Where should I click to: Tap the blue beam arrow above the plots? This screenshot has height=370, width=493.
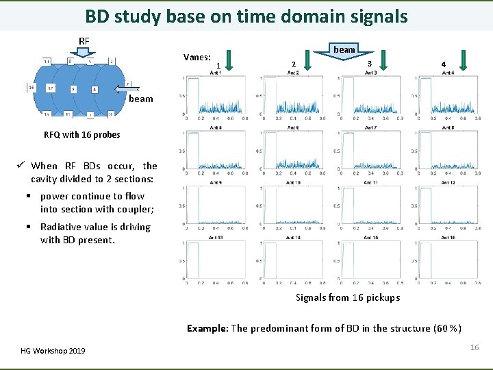344,55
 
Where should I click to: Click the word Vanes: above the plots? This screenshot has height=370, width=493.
197,57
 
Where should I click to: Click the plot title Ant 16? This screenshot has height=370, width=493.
448,238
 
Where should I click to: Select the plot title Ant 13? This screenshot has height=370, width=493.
216,238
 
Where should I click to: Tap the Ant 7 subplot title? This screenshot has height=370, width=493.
370,127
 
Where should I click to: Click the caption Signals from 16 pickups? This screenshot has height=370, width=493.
348,297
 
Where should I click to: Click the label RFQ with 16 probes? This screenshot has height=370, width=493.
81,134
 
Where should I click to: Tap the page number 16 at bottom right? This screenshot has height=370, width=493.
475,348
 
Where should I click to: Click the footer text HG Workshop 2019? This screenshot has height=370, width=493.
54,351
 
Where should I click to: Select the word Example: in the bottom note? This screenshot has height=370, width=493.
207,328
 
